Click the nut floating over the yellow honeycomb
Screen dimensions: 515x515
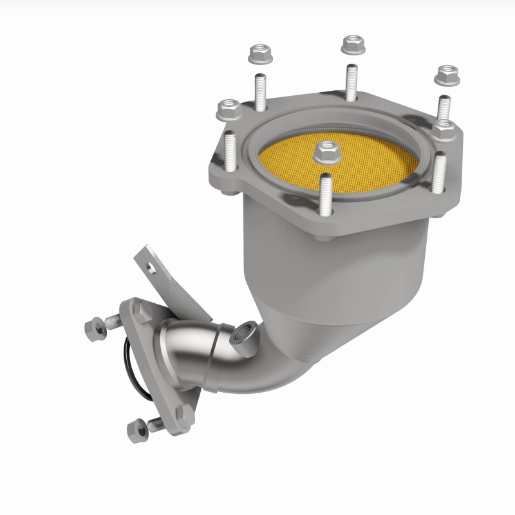327,152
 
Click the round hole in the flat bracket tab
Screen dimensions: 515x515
149,264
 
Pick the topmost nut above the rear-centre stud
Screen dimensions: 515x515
352,44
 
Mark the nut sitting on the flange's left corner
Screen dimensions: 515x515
228,110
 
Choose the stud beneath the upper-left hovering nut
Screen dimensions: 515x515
260,91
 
